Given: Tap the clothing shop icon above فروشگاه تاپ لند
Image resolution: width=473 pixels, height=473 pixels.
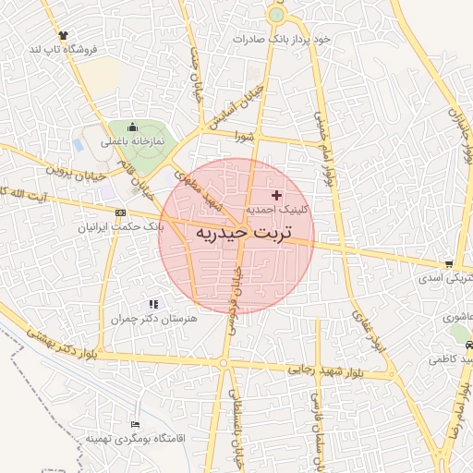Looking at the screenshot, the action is click(x=63, y=34).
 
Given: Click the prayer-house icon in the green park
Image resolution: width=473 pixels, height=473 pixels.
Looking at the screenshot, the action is click(x=132, y=127).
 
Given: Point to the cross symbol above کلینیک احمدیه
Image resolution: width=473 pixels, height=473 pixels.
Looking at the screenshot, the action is click(x=276, y=195).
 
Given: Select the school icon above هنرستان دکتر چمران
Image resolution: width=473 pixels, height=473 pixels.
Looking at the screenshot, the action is click(x=153, y=303).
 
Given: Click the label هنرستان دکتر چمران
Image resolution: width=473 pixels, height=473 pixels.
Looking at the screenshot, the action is click(x=154, y=318).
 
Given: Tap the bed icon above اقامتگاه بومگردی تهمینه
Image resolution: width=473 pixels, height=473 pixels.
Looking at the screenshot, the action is click(x=136, y=424).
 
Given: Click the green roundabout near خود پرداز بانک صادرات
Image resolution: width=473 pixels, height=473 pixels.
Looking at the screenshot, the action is click(x=275, y=15).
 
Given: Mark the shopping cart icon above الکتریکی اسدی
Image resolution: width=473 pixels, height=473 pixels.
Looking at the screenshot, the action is click(x=448, y=263).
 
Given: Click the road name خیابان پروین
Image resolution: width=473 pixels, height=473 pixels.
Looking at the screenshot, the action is click(x=73, y=174).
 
